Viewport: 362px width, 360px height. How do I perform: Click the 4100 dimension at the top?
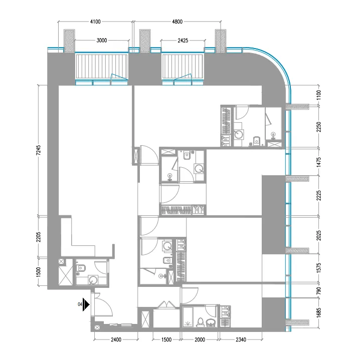tap(95, 22)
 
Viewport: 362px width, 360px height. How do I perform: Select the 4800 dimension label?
tap(177, 22)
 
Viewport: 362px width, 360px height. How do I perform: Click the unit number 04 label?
tap(80, 304)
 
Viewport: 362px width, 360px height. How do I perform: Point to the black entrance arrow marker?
tap(86, 304)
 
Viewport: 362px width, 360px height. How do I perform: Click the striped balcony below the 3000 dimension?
tap(102, 67)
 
